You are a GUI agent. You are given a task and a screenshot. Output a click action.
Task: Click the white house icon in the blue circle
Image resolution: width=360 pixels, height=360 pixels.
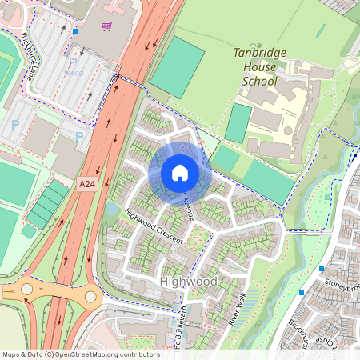coord(179,172)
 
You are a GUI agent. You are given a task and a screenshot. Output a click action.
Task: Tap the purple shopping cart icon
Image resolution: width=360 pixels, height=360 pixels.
coord(106,26)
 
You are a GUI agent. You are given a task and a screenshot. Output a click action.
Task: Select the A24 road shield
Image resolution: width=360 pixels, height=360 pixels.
coord(88,185)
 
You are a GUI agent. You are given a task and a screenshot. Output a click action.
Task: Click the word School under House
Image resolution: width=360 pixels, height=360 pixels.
coord(260,81)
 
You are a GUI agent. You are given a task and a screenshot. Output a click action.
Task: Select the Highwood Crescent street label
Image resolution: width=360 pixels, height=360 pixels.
coord(154,227)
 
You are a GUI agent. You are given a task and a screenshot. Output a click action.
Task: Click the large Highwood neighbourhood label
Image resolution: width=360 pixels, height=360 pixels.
coord(189,282)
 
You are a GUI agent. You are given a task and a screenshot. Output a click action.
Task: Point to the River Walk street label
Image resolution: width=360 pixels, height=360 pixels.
coord(238,309)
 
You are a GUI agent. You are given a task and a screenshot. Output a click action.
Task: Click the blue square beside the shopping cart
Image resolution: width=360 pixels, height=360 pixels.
coord(75,31)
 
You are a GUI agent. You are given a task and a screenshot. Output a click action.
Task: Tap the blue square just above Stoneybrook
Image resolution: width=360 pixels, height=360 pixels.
coord(322,269)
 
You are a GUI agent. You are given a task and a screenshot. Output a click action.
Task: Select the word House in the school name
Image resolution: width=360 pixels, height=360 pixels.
coord(260,67)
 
